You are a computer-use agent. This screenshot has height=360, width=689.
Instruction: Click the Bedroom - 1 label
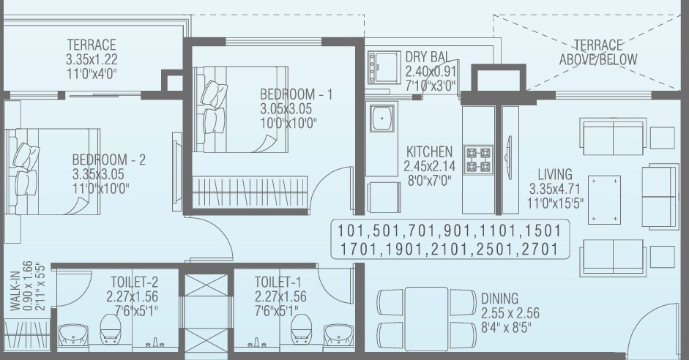(296, 94)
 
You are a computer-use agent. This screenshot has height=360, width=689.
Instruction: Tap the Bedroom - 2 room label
(108, 160)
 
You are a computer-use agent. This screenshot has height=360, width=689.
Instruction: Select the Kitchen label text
(429, 152)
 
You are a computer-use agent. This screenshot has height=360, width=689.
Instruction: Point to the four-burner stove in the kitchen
(479, 160)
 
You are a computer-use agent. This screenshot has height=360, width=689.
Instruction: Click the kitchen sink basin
(381, 118)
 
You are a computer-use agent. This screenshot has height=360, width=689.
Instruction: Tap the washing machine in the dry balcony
(384, 67)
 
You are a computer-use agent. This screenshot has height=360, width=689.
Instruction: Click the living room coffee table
(604, 200)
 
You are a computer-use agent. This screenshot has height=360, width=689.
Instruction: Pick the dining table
(426, 319)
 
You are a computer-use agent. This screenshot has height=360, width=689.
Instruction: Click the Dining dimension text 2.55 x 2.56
(510, 313)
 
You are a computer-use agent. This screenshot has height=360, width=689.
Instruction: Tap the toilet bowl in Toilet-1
(302, 329)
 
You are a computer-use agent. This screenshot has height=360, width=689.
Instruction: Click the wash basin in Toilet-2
(74, 336)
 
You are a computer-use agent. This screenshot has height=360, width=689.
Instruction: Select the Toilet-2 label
(134, 282)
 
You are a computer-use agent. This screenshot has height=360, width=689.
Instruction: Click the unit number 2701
(540, 250)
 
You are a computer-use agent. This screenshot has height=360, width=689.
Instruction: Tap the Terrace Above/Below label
(598, 52)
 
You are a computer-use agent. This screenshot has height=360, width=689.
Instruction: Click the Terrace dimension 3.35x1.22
(92, 59)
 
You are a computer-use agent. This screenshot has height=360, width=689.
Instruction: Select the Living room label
(555, 174)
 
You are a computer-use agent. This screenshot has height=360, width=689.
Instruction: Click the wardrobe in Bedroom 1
(250, 192)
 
